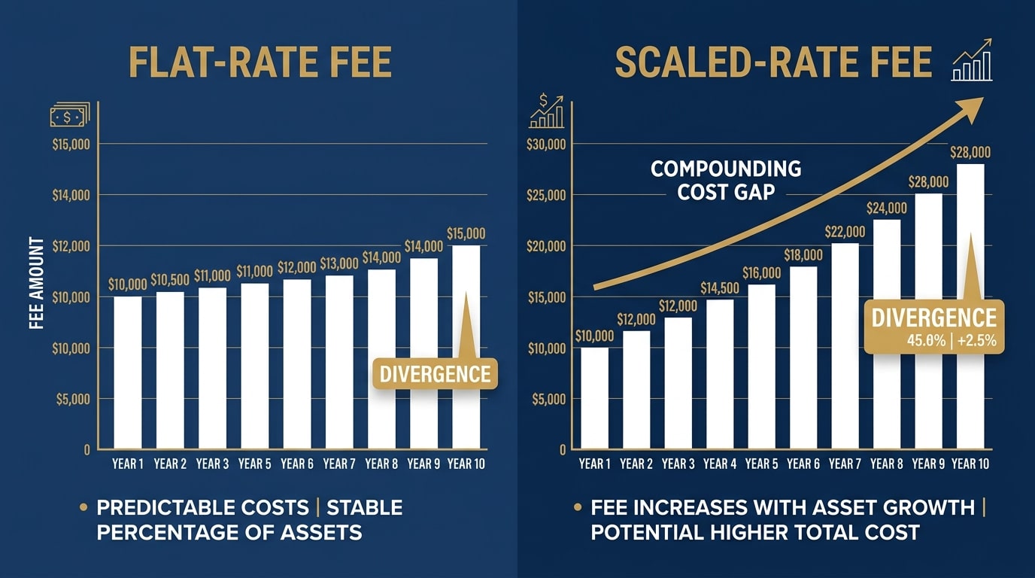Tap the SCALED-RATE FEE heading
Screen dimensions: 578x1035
(x=773, y=62)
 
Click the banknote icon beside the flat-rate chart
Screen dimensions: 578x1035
(x=69, y=114)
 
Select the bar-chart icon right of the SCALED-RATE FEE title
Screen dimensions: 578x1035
(x=973, y=62)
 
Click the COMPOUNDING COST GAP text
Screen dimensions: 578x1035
(x=726, y=180)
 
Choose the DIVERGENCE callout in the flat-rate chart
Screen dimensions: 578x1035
(x=436, y=373)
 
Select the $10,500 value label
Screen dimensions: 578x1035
(x=170, y=280)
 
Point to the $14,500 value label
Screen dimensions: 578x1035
(x=720, y=288)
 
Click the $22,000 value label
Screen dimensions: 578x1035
(x=845, y=232)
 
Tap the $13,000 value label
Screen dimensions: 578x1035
(x=339, y=263)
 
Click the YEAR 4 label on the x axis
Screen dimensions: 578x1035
(x=720, y=464)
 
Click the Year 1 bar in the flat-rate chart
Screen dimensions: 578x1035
(x=128, y=373)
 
